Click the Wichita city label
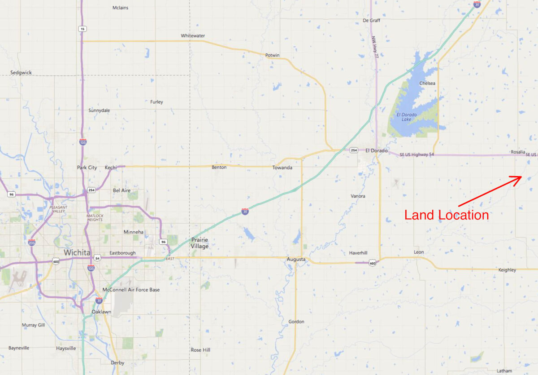77,253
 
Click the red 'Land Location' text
447,215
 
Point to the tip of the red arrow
521,176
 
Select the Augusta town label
296,260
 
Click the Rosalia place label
518,152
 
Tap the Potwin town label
272,55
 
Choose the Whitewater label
193,35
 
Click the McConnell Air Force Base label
131,290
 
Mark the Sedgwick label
21,72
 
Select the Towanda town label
282,168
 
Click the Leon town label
419,252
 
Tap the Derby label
117,363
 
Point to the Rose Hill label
200,350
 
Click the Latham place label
504,371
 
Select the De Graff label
371,21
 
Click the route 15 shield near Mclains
82,29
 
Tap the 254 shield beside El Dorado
354,150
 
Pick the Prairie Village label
200,243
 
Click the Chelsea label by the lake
427,83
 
